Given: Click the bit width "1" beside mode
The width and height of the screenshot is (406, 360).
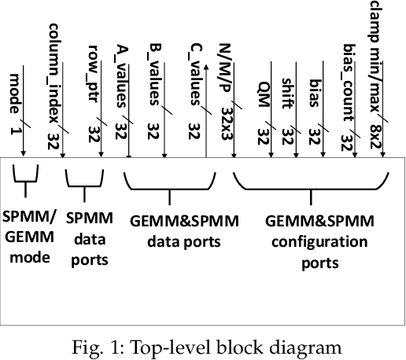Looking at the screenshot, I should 15,130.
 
